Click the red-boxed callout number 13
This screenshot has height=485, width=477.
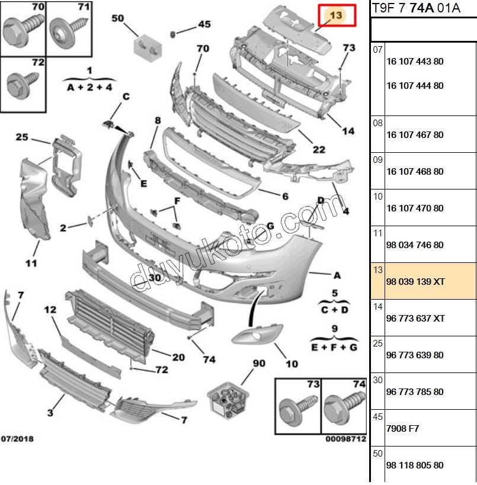pos(337,15)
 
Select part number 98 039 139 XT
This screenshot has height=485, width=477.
pos(415,282)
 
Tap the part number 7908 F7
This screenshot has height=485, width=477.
pos(402,428)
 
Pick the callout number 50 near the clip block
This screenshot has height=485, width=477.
pos(117,18)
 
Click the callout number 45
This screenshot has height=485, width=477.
pos(204,24)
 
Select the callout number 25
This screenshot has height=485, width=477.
pos(22,137)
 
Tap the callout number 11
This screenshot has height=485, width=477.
pos(31,262)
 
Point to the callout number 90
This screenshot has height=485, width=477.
pos(259,363)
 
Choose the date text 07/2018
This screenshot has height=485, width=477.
pos(17,439)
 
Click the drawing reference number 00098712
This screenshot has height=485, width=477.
pos(345,439)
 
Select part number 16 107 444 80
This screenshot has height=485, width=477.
pos(414,86)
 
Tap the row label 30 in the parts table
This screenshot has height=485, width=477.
pos(377,380)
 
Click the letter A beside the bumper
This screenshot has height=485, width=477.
pos(337,275)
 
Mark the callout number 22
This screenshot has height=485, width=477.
pos(319,149)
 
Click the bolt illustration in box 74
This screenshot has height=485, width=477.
pos(340,408)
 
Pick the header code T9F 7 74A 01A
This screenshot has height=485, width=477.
pos(407,8)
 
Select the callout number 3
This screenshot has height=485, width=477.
pos(51,412)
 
